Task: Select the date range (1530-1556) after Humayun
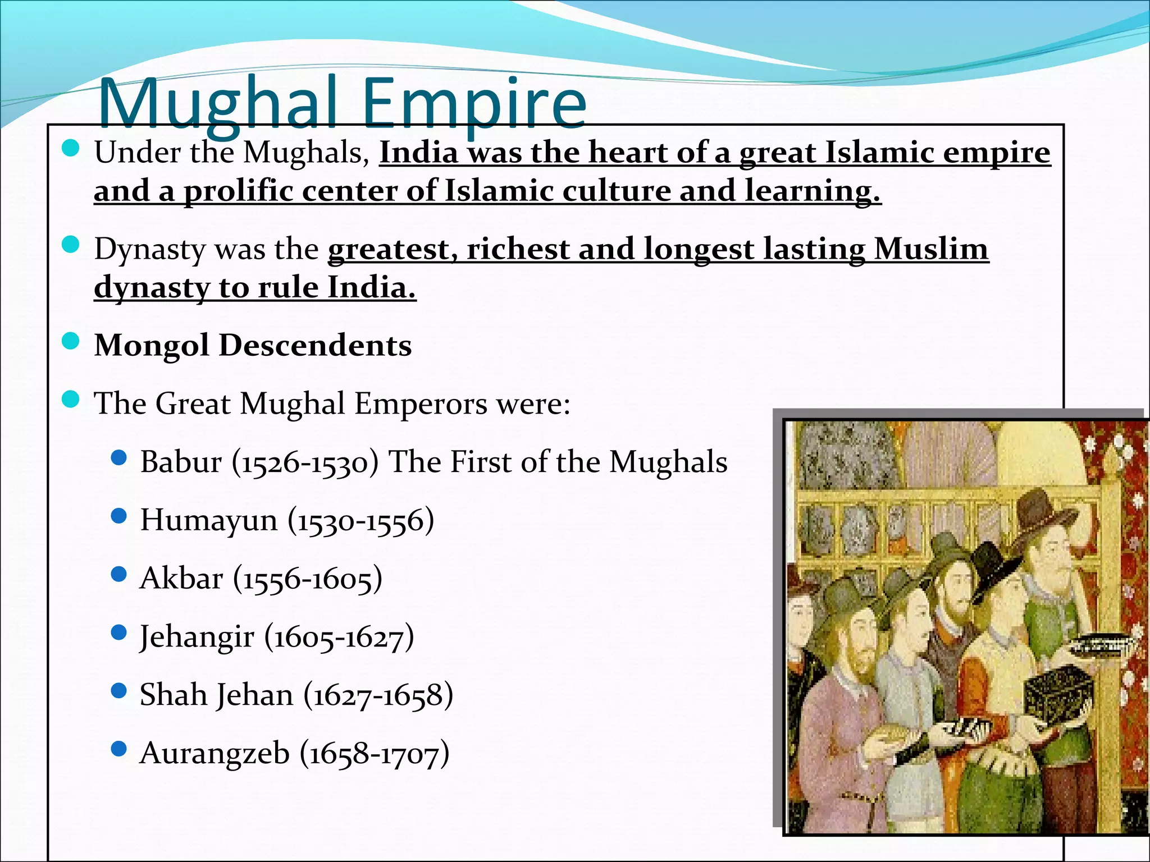361,520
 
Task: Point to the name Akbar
181,578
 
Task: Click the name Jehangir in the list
197,637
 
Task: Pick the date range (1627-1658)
378,695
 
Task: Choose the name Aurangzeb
215,753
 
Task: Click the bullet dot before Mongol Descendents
70,341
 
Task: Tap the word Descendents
315,345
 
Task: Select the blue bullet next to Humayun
118,516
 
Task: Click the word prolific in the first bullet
238,191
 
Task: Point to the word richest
518,249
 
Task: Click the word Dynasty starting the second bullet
150,250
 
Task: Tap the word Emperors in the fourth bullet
421,404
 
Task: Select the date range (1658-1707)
375,753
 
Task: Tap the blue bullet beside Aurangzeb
118,749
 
